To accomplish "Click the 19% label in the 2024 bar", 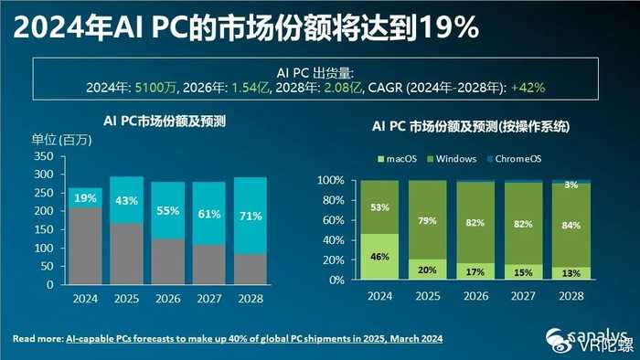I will tap(85, 198).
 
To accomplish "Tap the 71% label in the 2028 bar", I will tap(251, 217).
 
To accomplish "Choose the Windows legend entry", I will tap(453, 159).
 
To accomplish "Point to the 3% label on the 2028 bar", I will tap(571, 186).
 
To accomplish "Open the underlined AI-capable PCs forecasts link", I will tap(255, 339).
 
